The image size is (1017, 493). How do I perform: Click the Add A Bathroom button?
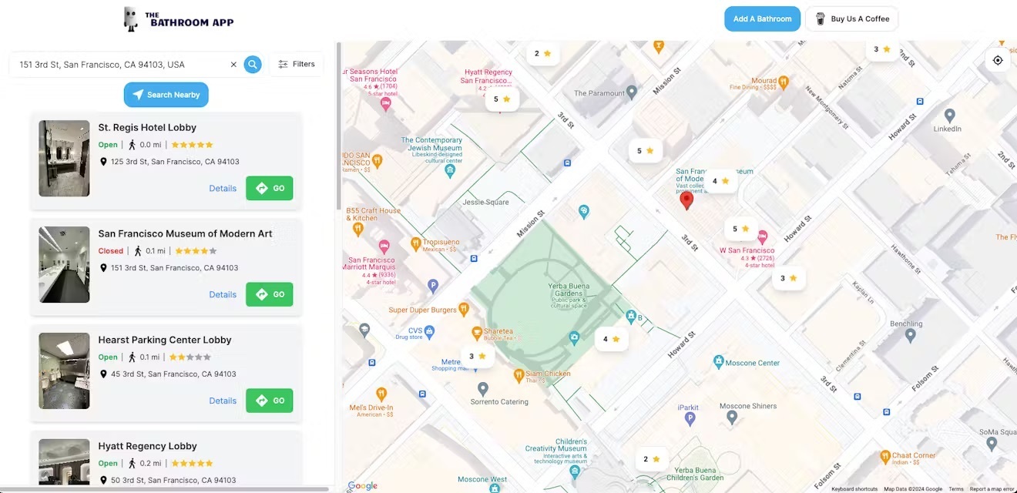[762, 19]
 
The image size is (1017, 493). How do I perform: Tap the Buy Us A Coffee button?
[851, 19]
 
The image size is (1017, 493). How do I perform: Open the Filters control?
[297, 64]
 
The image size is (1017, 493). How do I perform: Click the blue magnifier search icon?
[253, 65]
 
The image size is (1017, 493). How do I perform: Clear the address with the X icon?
[233, 65]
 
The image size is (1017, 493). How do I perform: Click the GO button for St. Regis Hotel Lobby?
[270, 188]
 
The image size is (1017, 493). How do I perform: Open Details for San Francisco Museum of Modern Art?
[223, 294]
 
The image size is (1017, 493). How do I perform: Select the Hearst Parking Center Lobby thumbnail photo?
[64, 371]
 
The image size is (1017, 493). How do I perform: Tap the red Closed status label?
[111, 251]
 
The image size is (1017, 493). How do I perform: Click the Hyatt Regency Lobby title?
[147, 446]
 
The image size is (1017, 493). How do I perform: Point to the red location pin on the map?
[686, 200]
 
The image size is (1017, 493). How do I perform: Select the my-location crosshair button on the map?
[998, 60]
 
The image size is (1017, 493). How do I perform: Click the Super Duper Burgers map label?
[423, 310]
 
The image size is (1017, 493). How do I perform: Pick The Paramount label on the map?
[599, 93]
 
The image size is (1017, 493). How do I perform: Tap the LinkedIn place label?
[948, 129]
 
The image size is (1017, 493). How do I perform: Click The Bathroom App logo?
[179, 19]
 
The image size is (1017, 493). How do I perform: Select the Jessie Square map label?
[485, 203]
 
